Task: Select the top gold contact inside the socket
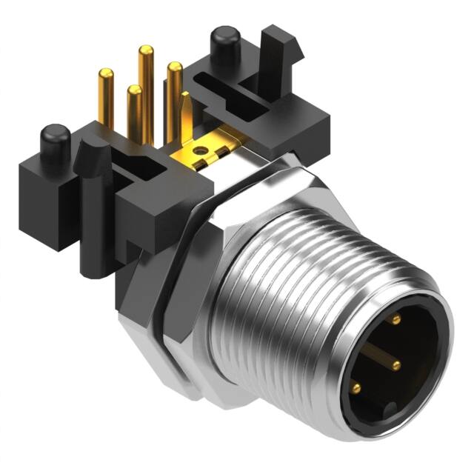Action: [395, 319]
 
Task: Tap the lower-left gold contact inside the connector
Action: [356, 387]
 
